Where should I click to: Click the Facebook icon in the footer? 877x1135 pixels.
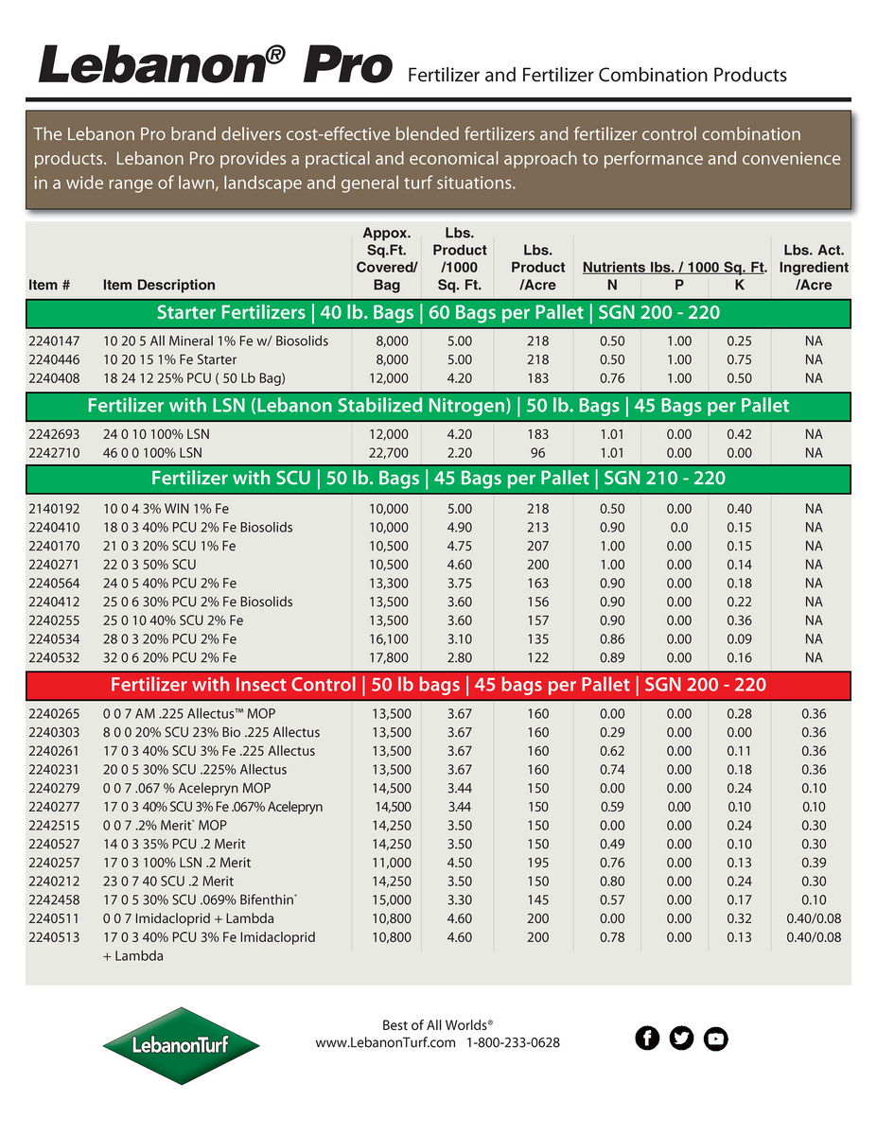coord(647,1039)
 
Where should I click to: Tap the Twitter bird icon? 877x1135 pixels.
coord(681,1039)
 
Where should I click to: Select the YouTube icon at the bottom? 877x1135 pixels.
coord(716,1039)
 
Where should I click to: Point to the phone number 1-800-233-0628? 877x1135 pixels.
coord(513,1042)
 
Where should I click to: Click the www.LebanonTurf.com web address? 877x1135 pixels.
coord(386,1042)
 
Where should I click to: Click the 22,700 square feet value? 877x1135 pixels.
coord(388,453)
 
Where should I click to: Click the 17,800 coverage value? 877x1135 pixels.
coord(388,657)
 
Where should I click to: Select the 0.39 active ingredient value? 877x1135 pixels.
coord(814,863)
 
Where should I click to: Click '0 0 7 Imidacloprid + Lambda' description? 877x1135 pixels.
coord(189,918)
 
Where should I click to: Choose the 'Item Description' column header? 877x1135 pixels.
coord(159,285)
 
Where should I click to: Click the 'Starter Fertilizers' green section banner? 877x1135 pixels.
coord(438,313)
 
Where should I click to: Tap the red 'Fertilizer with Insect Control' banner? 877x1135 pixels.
coord(438,685)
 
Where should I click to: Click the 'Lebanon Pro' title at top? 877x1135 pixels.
coord(215,66)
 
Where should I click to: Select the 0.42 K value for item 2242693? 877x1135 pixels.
coord(740,434)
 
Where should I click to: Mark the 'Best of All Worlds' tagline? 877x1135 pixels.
coord(437,1025)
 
